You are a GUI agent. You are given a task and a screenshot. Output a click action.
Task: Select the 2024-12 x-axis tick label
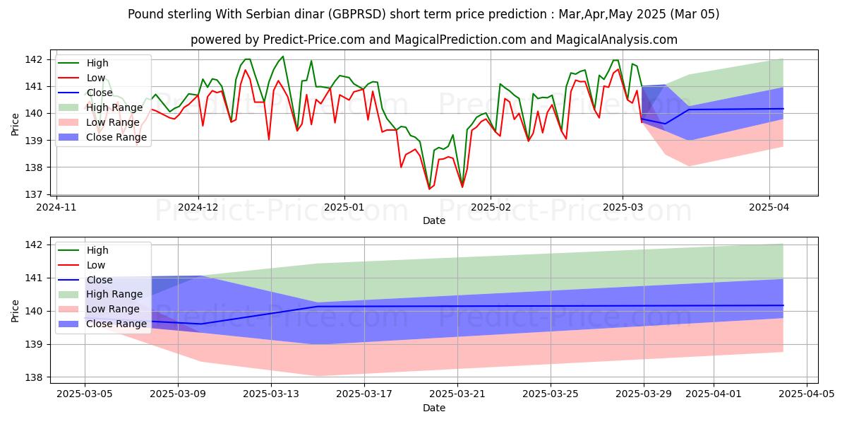pos(198,207)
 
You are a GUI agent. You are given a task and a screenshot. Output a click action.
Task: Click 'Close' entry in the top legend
pos(100,93)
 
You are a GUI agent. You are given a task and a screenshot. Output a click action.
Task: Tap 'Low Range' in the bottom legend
pos(114,309)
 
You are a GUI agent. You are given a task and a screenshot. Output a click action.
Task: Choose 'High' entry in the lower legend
pos(97,250)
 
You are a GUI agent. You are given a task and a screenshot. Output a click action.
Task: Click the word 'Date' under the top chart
pos(433,220)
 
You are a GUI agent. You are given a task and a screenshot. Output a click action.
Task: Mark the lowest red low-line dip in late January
pos(429,189)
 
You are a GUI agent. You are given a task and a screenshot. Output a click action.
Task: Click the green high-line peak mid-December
pos(283,57)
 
